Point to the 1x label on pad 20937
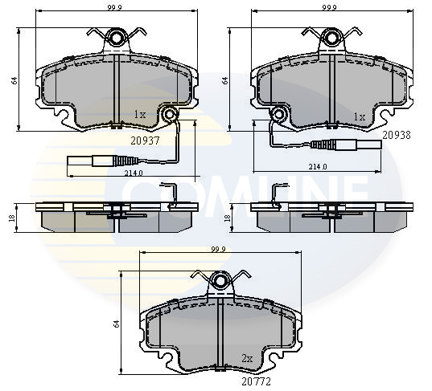[x=140, y=115]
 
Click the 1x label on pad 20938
[x=360, y=116]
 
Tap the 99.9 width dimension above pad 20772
[x=217, y=249]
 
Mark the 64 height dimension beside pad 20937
[x=14, y=79]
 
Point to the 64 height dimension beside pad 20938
[x=226, y=79]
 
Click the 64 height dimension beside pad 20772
[x=117, y=324]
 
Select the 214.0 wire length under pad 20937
[x=133, y=173]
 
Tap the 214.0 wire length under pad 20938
[x=318, y=167]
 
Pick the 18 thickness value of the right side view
[x=228, y=217]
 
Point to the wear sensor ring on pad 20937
[x=169, y=116]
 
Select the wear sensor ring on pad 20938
[x=278, y=114]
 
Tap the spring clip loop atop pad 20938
[x=330, y=37]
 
